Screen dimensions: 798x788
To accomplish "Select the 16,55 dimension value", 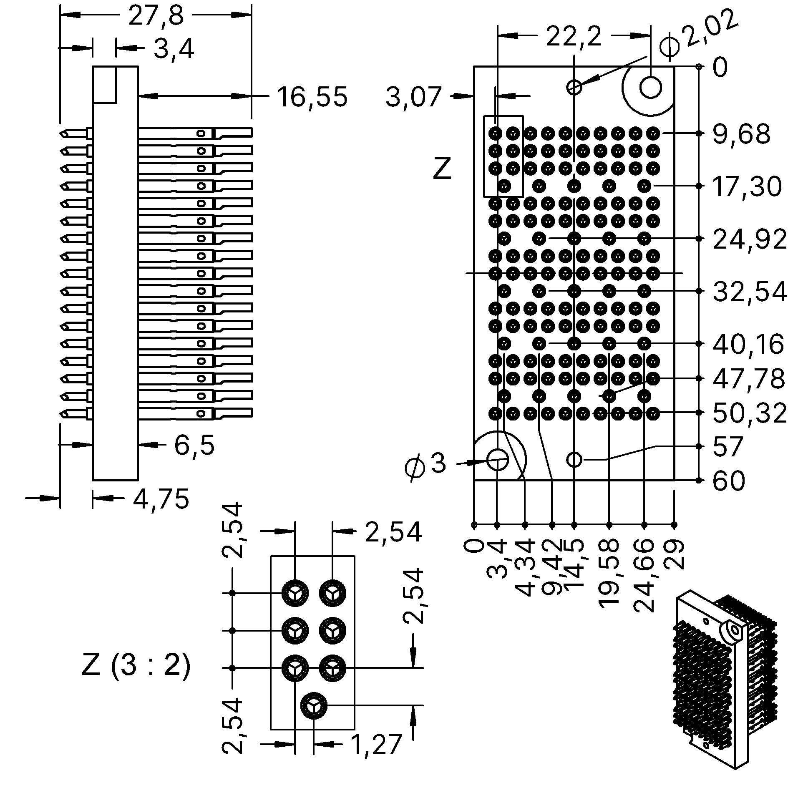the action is pyautogui.click(x=312, y=97).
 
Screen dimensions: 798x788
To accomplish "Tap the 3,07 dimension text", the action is pyautogui.click(x=413, y=97).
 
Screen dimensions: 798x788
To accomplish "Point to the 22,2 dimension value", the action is pyautogui.click(x=574, y=37).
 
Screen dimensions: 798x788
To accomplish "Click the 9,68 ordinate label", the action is pyautogui.click(x=741, y=134).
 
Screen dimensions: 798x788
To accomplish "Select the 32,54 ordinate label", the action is pyautogui.click(x=750, y=292).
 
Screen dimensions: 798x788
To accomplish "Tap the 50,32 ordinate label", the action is pyautogui.click(x=750, y=413).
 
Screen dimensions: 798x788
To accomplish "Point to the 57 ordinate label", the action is pyautogui.click(x=728, y=446).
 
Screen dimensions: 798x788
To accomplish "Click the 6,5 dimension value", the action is pyautogui.click(x=194, y=445).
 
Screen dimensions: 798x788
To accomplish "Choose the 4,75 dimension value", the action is pyautogui.click(x=161, y=498).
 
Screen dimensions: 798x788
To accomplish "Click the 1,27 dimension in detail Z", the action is pyautogui.click(x=376, y=745).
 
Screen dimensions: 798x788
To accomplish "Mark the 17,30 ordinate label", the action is pyautogui.click(x=747, y=186).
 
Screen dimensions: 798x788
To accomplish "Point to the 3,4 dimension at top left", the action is pyautogui.click(x=174, y=49).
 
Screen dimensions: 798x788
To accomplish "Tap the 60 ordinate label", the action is pyautogui.click(x=729, y=481).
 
